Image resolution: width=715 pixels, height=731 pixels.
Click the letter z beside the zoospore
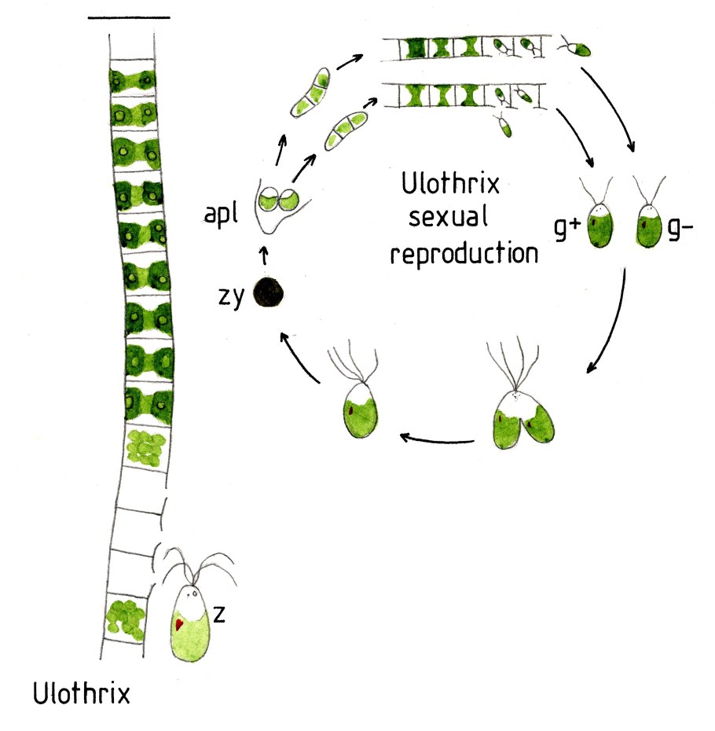pos(221,615)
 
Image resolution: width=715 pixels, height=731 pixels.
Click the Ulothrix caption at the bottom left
pos(82,695)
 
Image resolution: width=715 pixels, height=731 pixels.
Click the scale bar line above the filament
pos(129,17)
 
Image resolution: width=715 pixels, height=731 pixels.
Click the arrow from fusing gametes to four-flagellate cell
pos(437,436)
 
